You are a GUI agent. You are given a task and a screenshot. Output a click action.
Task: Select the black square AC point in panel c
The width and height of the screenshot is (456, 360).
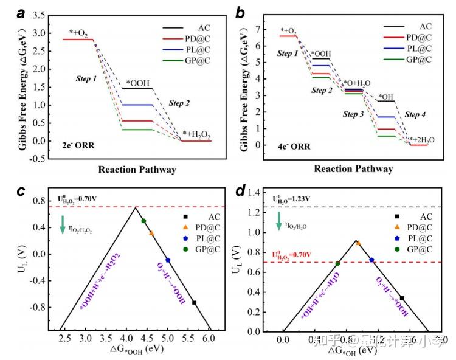click(x=194, y=302)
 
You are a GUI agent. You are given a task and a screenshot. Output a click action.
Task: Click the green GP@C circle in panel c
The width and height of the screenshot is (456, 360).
click(x=143, y=221)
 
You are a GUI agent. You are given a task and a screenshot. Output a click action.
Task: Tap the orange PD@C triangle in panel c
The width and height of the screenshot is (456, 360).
click(x=151, y=233)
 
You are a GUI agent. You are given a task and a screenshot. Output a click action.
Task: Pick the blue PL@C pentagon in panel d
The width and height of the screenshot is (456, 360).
click(x=372, y=260)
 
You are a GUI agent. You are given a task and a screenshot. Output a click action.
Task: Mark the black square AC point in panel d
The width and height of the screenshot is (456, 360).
click(x=402, y=298)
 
